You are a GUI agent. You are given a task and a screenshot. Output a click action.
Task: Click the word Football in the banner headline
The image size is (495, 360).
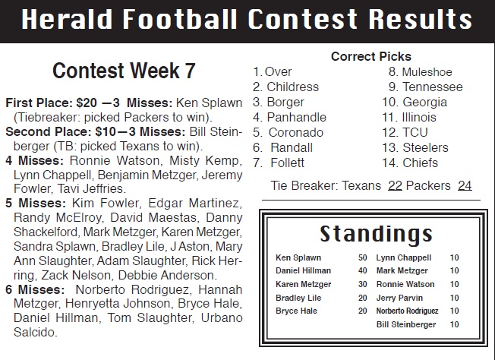180,19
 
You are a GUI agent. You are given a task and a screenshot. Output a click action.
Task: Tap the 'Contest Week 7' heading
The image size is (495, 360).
124,71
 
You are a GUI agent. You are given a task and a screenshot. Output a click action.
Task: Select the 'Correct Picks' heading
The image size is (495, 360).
371,56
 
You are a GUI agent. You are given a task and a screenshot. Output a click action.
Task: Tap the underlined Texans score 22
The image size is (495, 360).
395,185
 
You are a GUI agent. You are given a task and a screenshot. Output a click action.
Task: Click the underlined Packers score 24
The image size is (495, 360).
465,185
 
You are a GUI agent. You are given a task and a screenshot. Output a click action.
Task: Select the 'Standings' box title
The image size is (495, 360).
376,234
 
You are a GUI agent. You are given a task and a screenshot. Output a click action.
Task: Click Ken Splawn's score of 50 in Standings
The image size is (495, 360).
363,257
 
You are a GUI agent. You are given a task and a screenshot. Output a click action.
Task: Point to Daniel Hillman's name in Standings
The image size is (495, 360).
303,270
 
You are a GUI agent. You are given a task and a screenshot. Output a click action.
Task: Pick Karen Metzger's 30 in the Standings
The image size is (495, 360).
363,284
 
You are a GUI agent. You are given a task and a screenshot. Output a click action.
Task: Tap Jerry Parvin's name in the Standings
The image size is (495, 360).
399,298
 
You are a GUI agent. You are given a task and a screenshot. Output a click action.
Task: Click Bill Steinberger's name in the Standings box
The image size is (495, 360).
406,324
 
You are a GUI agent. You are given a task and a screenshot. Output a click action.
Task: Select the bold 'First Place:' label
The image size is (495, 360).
39,103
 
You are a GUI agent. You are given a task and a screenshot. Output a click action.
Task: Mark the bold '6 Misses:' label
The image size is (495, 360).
35,289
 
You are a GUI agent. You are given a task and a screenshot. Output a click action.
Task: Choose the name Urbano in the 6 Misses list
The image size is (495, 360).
222,317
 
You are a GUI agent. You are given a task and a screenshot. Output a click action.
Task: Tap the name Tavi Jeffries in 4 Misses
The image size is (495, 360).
92,188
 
